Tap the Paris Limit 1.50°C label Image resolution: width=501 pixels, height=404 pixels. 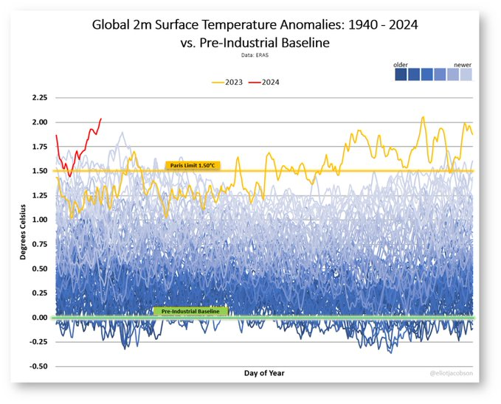click(x=191, y=165)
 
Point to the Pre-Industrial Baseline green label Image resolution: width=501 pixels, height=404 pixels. click(x=190, y=312)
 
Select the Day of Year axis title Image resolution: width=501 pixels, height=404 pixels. click(x=264, y=373)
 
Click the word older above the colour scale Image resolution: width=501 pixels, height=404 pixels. click(x=402, y=65)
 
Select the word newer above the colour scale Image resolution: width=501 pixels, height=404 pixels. click(x=463, y=65)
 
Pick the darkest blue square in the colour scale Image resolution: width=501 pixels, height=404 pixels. click(x=401, y=74)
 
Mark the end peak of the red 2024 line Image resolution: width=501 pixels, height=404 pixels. click(x=101, y=119)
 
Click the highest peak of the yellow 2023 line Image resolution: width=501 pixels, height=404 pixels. click(x=423, y=116)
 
